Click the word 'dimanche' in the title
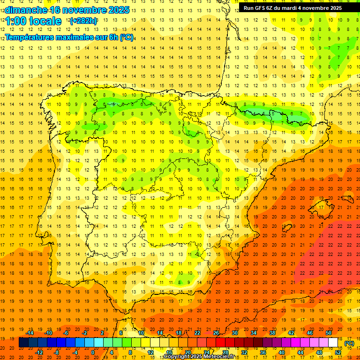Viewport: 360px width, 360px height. click(x=26, y=10)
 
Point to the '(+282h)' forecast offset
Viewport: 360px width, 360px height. click(x=83, y=21)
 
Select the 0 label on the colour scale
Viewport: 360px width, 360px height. click(x=93, y=352)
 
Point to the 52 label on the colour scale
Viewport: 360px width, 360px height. click(x=338, y=352)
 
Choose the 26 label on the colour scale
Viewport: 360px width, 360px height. click(x=216, y=333)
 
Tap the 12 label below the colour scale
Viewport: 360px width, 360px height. click(x=150, y=352)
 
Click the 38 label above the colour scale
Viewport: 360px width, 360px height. click(x=272, y=333)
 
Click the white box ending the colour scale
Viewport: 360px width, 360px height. click(x=333, y=343)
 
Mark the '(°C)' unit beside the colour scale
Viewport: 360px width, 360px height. click(x=349, y=343)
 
